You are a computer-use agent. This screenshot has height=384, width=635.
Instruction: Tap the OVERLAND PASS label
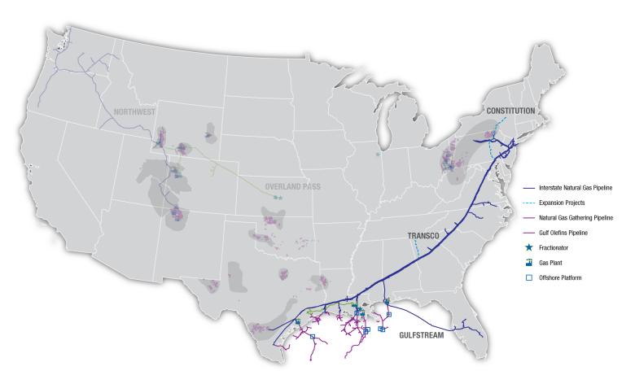click(293, 186)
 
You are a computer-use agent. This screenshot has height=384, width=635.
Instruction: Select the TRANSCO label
click(423, 235)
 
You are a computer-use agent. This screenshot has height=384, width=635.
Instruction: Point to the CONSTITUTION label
click(510, 110)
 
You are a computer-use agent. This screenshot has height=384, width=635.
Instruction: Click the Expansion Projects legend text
click(562, 203)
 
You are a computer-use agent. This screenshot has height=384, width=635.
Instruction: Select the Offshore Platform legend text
click(561, 277)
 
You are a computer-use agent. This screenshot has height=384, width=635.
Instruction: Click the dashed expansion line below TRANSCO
click(416, 248)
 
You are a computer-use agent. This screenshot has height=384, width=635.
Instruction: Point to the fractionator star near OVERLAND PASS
click(277, 197)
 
